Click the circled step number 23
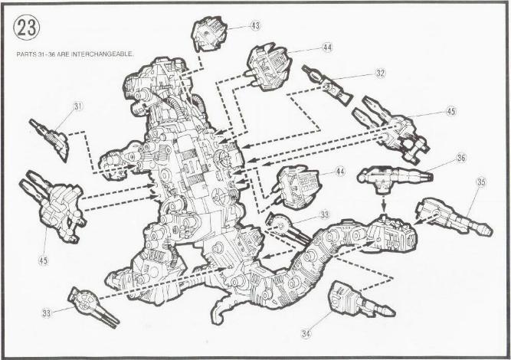26,28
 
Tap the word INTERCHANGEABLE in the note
102,54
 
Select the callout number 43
255,25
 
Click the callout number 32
380,74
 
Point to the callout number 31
78,106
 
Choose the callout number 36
461,158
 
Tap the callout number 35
481,182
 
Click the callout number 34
306,333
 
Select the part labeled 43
208,34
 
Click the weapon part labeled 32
327,85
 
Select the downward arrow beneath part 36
384,203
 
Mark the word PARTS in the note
26,54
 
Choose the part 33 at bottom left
93,307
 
